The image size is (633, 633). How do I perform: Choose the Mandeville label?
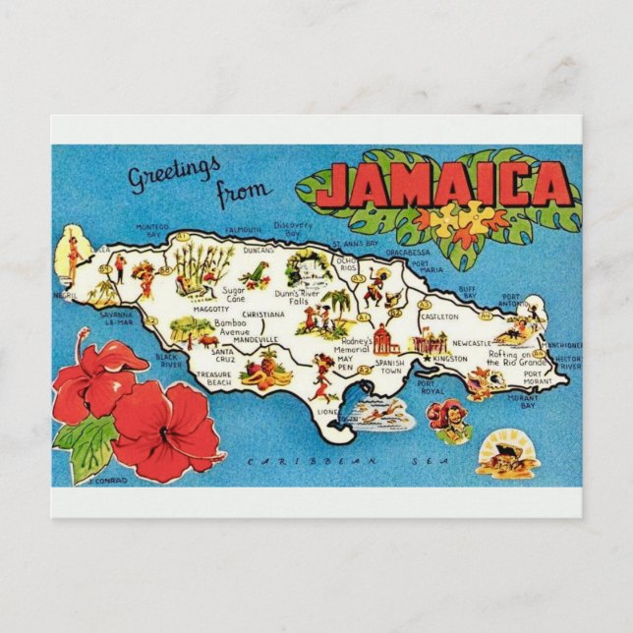[x=256, y=339]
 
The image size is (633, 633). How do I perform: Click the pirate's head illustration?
[x=448, y=414]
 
